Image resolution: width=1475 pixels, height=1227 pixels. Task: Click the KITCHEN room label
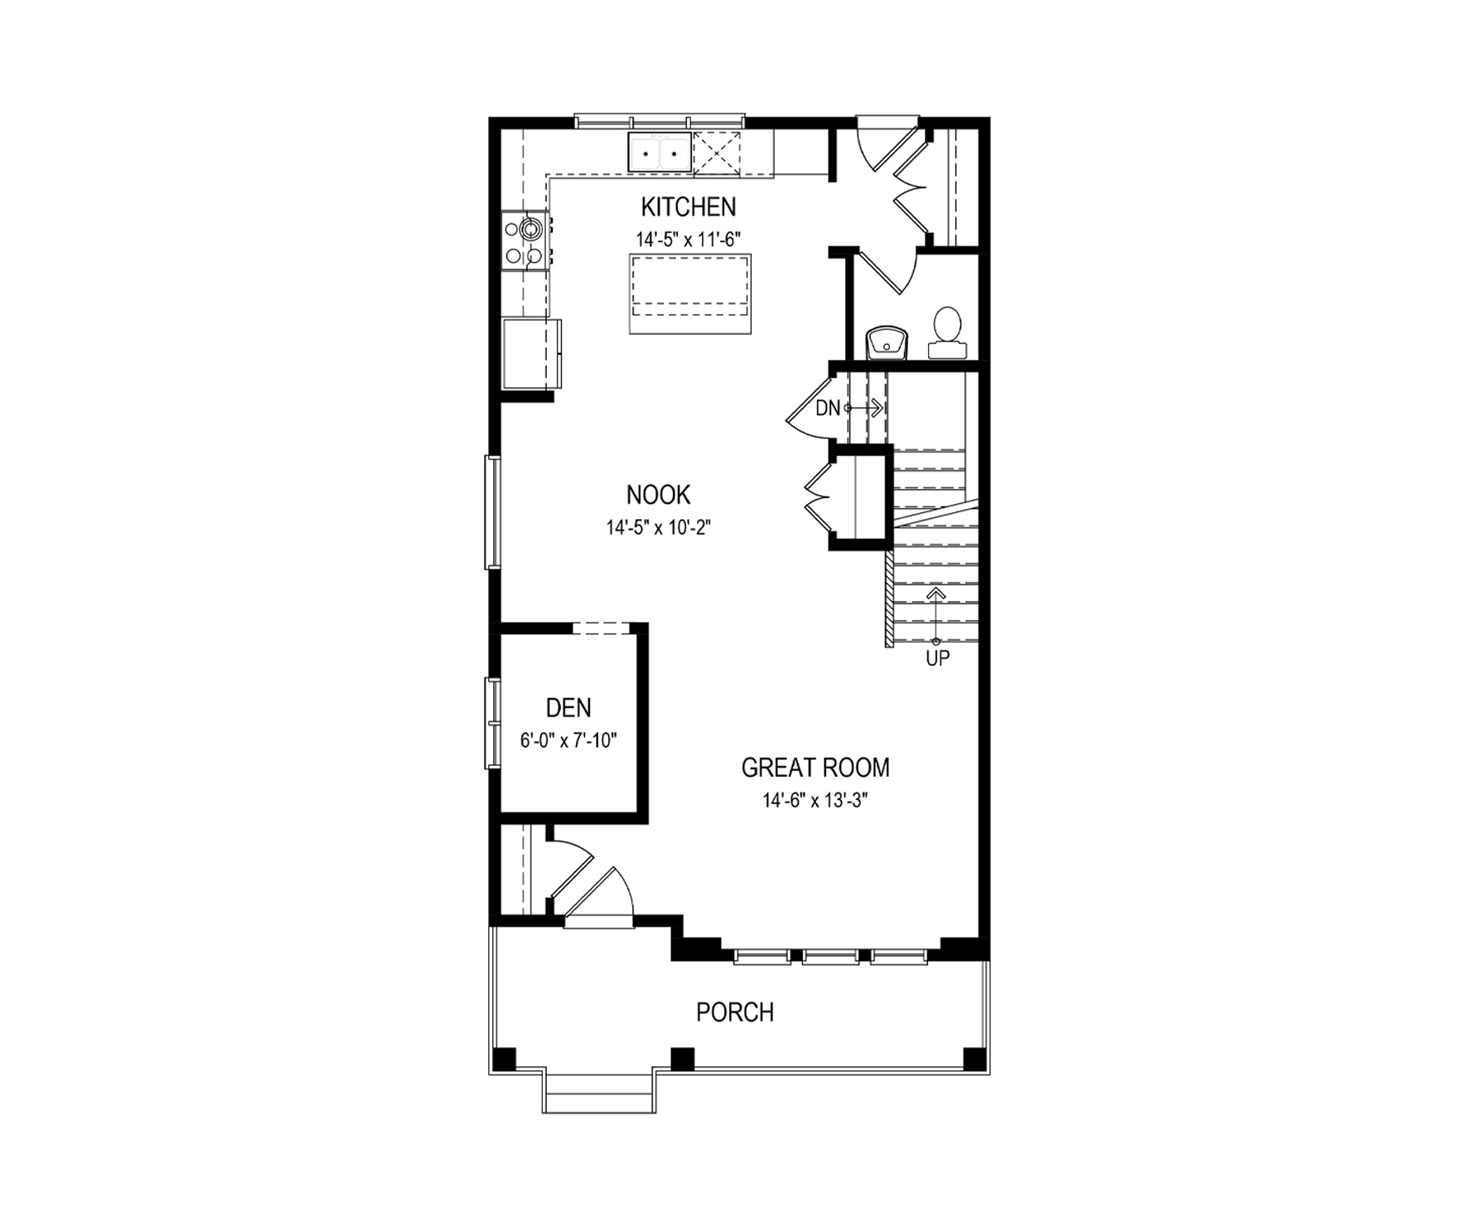(x=689, y=206)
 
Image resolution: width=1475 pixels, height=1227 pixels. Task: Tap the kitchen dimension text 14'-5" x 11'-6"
(x=688, y=240)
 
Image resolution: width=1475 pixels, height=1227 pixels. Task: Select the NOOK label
(x=659, y=495)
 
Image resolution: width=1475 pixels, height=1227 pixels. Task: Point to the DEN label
(x=568, y=708)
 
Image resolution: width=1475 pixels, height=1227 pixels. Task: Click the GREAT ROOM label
(x=815, y=768)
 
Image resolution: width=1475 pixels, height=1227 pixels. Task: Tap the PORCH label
(x=735, y=1012)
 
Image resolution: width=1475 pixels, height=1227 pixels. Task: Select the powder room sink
(x=887, y=343)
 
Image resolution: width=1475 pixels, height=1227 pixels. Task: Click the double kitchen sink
(x=660, y=153)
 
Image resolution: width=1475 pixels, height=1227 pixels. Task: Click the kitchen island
(x=690, y=294)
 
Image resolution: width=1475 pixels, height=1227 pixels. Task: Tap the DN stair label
(x=828, y=408)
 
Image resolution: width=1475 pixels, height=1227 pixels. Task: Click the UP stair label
(x=937, y=659)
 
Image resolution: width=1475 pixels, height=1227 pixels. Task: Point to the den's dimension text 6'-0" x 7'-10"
(x=568, y=740)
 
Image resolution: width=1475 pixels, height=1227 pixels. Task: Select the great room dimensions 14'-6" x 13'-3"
(x=815, y=801)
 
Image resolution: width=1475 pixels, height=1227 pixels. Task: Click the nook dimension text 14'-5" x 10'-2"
(x=659, y=527)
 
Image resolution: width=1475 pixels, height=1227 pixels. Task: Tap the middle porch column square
(x=682, y=1059)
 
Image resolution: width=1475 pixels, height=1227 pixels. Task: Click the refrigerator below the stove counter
(x=532, y=354)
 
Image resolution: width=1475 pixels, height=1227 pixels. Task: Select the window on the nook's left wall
(x=493, y=512)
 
